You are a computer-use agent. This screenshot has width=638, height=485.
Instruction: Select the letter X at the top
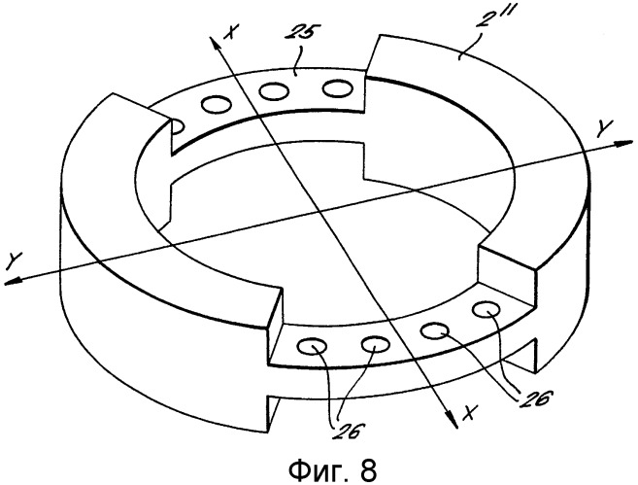(231, 31)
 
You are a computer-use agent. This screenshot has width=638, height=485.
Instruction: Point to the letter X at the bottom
(470, 413)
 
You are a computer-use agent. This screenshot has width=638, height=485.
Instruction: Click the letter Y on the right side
(604, 128)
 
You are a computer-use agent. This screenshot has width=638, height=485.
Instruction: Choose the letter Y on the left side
(16, 260)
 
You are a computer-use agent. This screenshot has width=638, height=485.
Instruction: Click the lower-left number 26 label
(347, 431)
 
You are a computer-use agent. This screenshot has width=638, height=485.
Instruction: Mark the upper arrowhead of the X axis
(214, 44)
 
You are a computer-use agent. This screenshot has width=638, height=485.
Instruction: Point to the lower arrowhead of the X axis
(453, 419)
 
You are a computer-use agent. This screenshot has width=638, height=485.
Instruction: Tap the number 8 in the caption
(368, 469)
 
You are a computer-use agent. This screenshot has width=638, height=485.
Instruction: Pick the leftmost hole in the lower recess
(313, 347)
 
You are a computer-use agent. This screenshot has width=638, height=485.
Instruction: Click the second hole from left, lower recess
(375, 344)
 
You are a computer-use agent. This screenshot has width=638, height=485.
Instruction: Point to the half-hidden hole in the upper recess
(178, 126)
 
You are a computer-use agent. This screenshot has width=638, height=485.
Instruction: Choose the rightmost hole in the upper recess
(338, 89)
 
